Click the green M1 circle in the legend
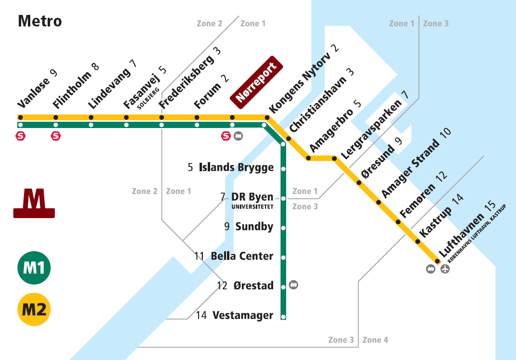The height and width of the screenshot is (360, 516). click(x=34, y=267)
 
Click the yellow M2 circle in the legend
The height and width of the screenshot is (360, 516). click(x=34, y=309)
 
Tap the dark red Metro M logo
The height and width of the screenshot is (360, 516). click(x=34, y=204)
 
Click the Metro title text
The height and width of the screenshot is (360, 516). click(x=40, y=21)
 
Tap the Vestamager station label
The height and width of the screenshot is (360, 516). click(x=242, y=316)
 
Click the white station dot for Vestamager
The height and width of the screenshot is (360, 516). click(x=283, y=317)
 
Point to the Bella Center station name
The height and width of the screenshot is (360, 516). click(x=242, y=257)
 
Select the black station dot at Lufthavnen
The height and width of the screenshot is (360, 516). click(x=438, y=261)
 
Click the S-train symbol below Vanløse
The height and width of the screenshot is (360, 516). click(x=21, y=136)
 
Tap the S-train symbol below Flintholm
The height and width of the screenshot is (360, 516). click(x=56, y=136)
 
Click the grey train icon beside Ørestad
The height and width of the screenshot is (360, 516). click(x=293, y=285)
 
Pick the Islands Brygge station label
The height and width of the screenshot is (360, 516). click(x=236, y=167)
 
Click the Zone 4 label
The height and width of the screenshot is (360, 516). click(x=375, y=340)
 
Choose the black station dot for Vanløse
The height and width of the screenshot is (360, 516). click(x=20, y=117)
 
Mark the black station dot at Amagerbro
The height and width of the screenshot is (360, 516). click(x=308, y=158)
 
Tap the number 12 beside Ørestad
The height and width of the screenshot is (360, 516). click(x=222, y=286)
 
